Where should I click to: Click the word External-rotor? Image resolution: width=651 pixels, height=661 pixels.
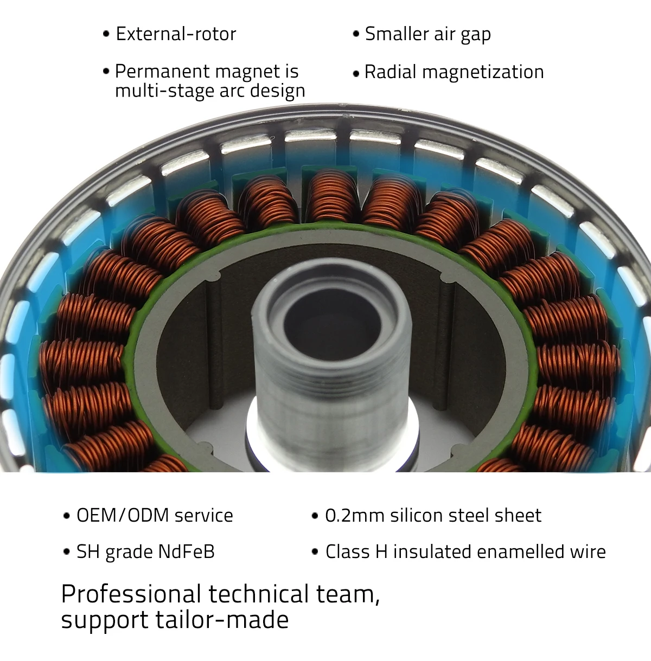coord(176,34)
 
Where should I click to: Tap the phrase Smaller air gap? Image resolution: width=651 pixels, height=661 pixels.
coord(427,34)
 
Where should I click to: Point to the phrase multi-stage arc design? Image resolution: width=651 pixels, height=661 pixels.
coord(210,91)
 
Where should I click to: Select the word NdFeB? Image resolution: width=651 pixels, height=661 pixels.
coord(186,551)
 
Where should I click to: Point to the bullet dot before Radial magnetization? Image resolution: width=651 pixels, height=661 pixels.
coord(356,73)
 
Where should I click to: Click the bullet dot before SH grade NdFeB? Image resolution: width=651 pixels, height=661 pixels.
coord(67,552)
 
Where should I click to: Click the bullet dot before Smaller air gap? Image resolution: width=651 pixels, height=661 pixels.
coord(356,34)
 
